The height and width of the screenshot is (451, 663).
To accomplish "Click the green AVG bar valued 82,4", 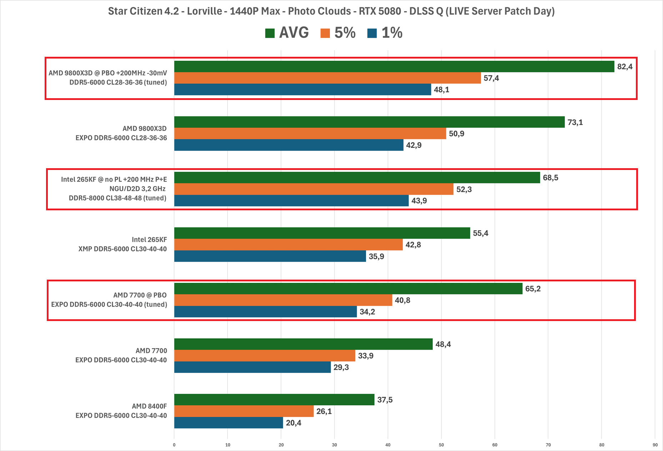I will (394, 66).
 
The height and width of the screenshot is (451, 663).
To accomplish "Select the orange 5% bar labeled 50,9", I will (310, 134).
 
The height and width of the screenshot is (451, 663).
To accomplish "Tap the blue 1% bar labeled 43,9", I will (291, 201).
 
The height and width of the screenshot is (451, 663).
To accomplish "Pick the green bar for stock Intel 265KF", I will (322, 233).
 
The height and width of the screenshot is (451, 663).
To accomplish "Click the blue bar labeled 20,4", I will (228, 423).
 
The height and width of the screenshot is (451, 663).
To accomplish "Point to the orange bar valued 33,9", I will (265, 356).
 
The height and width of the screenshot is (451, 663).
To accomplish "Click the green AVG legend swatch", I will (270, 33).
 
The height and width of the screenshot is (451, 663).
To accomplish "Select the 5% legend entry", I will (338, 33).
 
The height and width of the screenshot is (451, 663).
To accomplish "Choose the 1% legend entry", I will (385, 33).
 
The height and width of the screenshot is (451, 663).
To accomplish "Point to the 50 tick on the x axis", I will (441, 445).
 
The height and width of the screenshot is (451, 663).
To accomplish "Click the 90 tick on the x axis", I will (655, 445).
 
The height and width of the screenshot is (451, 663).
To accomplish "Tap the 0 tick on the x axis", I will (174, 445).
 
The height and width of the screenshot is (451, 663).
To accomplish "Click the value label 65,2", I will (533, 289).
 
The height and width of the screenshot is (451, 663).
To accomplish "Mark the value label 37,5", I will (385, 400).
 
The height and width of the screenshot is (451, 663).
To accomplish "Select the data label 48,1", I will (442, 90).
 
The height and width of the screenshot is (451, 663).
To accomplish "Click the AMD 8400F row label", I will (149, 406).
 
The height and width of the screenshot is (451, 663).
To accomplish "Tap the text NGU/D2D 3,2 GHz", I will (137, 189).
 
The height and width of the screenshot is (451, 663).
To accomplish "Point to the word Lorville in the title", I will (205, 11).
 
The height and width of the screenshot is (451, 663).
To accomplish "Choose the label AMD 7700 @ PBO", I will (140, 295).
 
